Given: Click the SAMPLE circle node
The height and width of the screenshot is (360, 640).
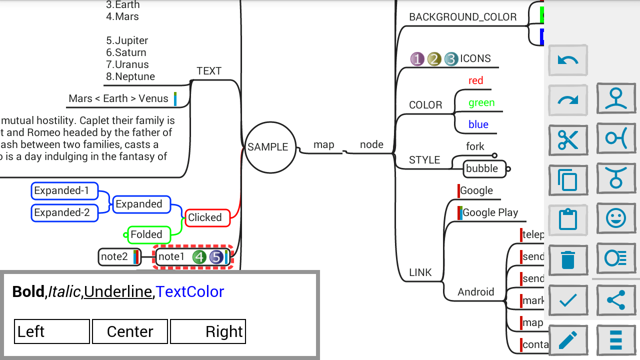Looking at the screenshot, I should [x=268, y=147].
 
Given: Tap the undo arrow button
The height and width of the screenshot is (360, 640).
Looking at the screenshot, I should [x=568, y=60].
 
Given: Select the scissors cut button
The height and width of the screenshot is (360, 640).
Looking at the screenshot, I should [x=568, y=140].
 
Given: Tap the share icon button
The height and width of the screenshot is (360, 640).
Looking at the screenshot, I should [x=616, y=300].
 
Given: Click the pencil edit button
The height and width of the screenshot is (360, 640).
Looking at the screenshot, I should [x=568, y=340].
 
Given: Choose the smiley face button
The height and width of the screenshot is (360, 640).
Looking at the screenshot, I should [x=616, y=218].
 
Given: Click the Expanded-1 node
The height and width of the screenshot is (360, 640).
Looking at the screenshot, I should [x=64, y=190].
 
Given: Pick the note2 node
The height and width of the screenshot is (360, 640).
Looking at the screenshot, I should [x=114, y=257].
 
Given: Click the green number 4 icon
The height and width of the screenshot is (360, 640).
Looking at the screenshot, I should [x=199, y=257].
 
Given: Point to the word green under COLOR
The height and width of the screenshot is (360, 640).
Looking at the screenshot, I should [x=481, y=102].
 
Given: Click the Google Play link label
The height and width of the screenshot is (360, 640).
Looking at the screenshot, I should [x=490, y=212].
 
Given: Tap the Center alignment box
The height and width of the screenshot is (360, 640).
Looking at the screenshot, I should [x=130, y=332].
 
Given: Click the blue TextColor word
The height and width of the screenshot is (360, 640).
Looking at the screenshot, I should [x=190, y=291].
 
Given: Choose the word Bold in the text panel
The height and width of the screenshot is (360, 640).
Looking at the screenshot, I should [x=28, y=291].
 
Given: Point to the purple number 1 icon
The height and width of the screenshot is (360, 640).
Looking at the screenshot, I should [x=417, y=59].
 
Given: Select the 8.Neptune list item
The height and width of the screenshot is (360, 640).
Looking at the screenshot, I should [x=130, y=76].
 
